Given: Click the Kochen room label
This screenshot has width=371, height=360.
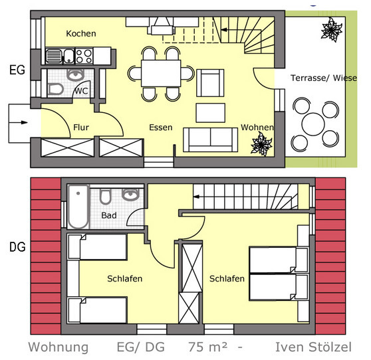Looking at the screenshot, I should (81, 33).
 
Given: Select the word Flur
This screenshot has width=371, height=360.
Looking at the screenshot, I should (81, 127).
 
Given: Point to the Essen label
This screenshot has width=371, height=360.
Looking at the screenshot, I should (161, 127).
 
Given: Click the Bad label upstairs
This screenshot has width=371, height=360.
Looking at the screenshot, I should (108, 216).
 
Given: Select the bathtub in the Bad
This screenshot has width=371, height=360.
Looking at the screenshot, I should (79, 207).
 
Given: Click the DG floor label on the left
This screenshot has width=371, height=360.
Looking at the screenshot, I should (17, 248).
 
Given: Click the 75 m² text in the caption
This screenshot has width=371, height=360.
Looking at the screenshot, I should (207, 347).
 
